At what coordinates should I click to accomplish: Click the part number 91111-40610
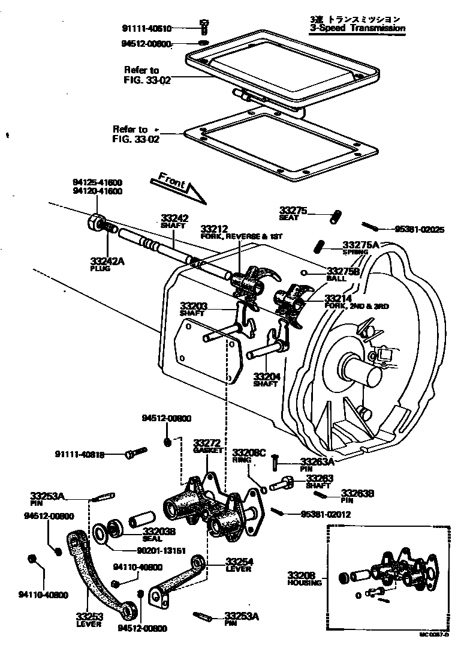pyautogui.click(x=147, y=28)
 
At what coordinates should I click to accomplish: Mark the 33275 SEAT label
pyautogui.click(x=293, y=213)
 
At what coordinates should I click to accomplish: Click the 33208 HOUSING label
pyautogui.click(x=305, y=578)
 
